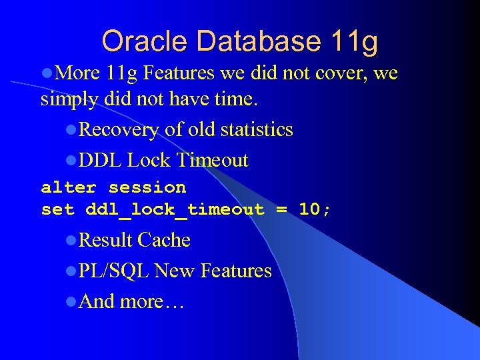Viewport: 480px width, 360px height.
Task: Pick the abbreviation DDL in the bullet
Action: [x=100, y=160]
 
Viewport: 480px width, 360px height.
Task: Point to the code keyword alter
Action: [x=69, y=187]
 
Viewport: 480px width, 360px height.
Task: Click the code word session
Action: [x=147, y=187]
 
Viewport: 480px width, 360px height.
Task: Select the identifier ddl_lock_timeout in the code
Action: [x=175, y=209]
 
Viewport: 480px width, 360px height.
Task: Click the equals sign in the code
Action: [x=281, y=209]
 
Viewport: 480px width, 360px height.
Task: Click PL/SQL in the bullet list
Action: [x=114, y=271]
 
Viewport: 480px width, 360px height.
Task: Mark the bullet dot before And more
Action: [x=71, y=302]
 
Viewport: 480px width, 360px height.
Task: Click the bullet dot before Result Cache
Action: [x=71, y=241]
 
